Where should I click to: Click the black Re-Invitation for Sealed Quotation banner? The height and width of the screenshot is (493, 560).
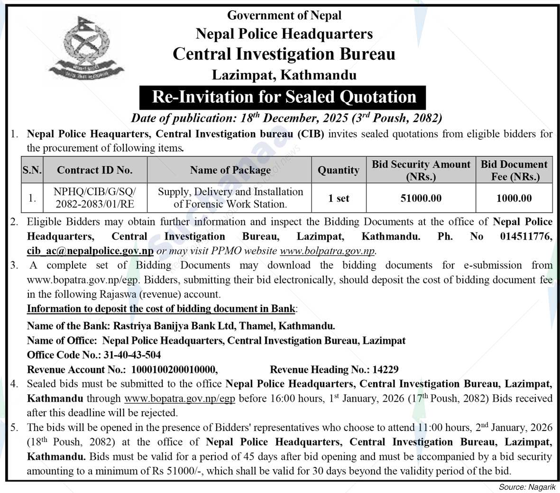[284, 97]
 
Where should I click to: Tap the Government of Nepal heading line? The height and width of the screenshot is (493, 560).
[284, 15]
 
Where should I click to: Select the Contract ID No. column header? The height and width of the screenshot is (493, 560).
[95, 170]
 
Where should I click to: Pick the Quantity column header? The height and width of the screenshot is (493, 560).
[338, 170]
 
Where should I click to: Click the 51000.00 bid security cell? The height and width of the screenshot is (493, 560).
[421, 198]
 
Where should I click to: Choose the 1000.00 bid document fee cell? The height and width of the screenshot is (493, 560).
[514, 198]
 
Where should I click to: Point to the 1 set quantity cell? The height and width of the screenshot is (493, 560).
[338, 198]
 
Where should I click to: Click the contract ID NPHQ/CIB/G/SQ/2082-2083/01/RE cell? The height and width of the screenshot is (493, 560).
[95, 198]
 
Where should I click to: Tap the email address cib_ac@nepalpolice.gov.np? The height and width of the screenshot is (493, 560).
[90, 251]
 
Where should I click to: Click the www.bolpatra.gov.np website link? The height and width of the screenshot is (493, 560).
[327, 251]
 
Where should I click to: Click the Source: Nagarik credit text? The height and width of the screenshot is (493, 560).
[527, 487]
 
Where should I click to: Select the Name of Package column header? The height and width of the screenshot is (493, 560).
[230, 170]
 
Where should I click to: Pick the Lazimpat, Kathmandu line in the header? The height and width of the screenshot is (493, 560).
[284, 75]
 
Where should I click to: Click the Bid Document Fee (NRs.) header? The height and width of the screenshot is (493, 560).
[514, 170]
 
